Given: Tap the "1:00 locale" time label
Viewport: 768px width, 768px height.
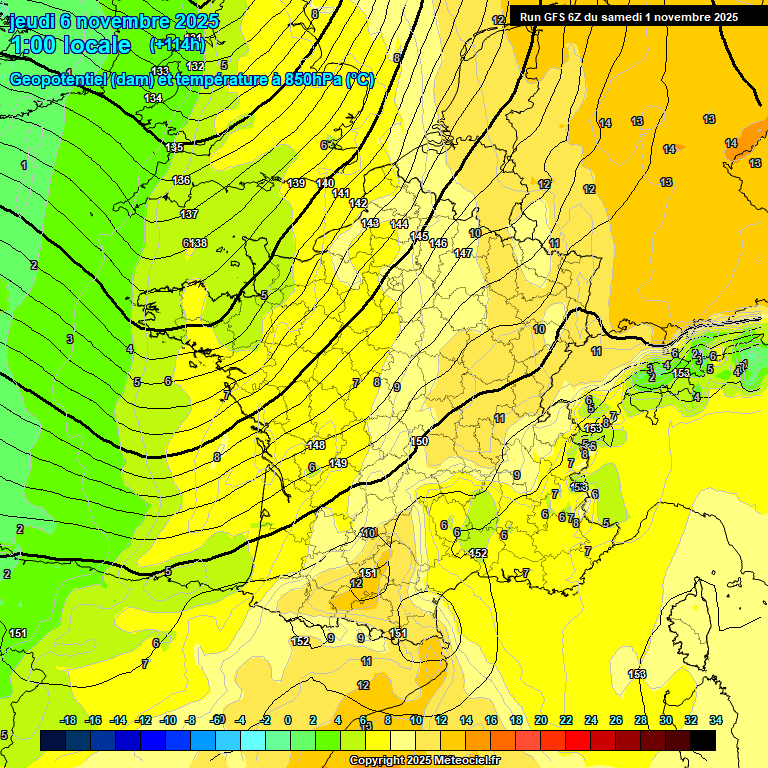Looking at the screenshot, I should pyautogui.click(x=71, y=45).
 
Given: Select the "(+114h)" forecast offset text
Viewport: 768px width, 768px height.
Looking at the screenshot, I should pyautogui.click(x=178, y=44).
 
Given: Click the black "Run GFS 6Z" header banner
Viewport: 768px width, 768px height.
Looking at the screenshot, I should pyautogui.click(x=629, y=17).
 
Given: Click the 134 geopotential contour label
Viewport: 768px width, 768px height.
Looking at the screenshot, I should pyautogui.click(x=153, y=98).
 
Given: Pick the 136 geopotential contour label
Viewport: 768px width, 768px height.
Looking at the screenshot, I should pyautogui.click(x=181, y=180).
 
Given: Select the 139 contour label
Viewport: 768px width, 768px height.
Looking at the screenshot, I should pyautogui.click(x=296, y=183).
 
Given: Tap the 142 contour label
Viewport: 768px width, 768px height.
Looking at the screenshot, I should pyautogui.click(x=358, y=203).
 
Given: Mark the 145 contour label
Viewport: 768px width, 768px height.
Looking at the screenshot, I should pyautogui.click(x=419, y=236).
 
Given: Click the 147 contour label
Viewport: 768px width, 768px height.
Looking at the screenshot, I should pyautogui.click(x=463, y=253).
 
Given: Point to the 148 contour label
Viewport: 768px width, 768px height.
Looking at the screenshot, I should pyautogui.click(x=316, y=445).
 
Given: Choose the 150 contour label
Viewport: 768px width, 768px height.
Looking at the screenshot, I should pyautogui.click(x=419, y=441).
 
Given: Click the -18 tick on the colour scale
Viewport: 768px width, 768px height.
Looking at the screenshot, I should pyautogui.click(x=68, y=720).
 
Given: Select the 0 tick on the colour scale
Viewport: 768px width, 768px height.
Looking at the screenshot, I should pyautogui.click(x=288, y=720).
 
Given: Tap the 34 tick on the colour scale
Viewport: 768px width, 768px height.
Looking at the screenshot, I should pyautogui.click(x=716, y=720).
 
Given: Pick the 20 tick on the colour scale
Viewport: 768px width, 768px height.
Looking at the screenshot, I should pyautogui.click(x=541, y=720).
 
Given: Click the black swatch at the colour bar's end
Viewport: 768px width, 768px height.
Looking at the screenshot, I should pyautogui.click(x=703, y=740).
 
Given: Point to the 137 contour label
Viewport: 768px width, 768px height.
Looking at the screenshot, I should pyautogui.click(x=189, y=214).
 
